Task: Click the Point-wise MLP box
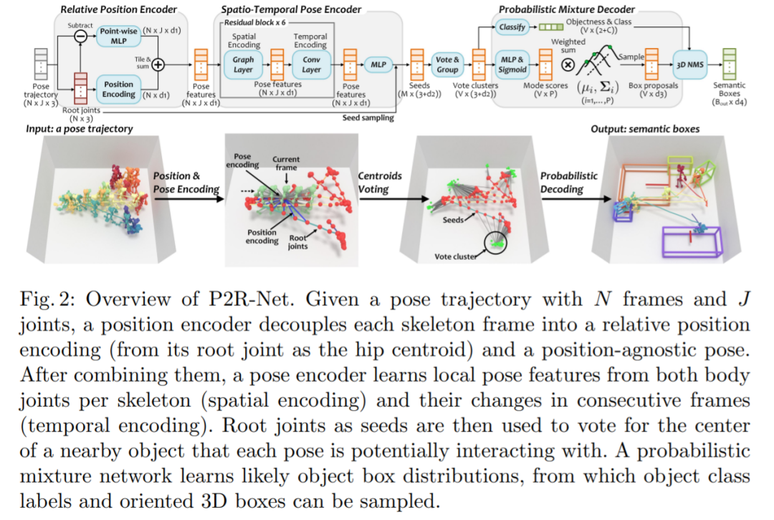[118, 35]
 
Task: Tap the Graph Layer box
[244, 65]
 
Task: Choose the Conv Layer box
[311, 65]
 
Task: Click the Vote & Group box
[447, 65]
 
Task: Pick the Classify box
[512, 27]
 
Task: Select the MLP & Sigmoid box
[512, 65]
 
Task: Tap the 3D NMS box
[690, 64]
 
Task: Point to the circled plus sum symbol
[158, 64]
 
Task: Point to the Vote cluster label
[456, 256]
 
